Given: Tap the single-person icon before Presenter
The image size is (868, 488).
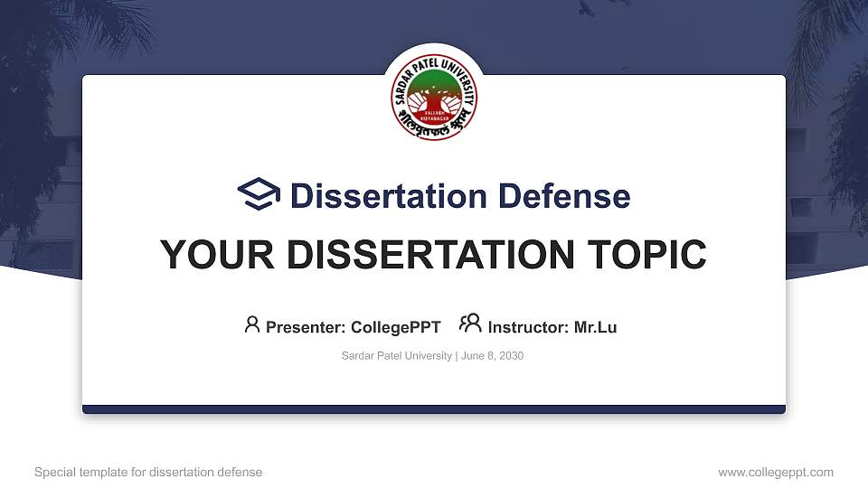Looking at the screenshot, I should pyautogui.click(x=252, y=324).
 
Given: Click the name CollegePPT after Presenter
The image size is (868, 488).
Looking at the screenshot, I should pyautogui.click(x=396, y=327).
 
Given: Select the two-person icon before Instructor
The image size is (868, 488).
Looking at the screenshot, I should pyautogui.click(x=470, y=324).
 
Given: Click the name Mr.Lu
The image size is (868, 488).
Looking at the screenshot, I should pyautogui.click(x=595, y=327).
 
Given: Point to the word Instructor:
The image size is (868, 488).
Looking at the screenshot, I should pyautogui.click(x=528, y=327).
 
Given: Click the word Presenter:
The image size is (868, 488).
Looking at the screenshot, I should pyautogui.click(x=306, y=327).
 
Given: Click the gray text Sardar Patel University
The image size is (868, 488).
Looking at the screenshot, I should pyautogui.click(x=396, y=356).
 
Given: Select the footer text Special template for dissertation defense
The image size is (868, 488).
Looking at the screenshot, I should pyautogui.click(x=148, y=472).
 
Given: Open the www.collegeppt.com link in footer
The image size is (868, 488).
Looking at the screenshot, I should pyautogui.click(x=776, y=472).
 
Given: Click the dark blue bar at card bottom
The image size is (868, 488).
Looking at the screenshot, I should pyautogui.click(x=434, y=409).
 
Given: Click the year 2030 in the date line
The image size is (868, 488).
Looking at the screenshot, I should pyautogui.click(x=510, y=356).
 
